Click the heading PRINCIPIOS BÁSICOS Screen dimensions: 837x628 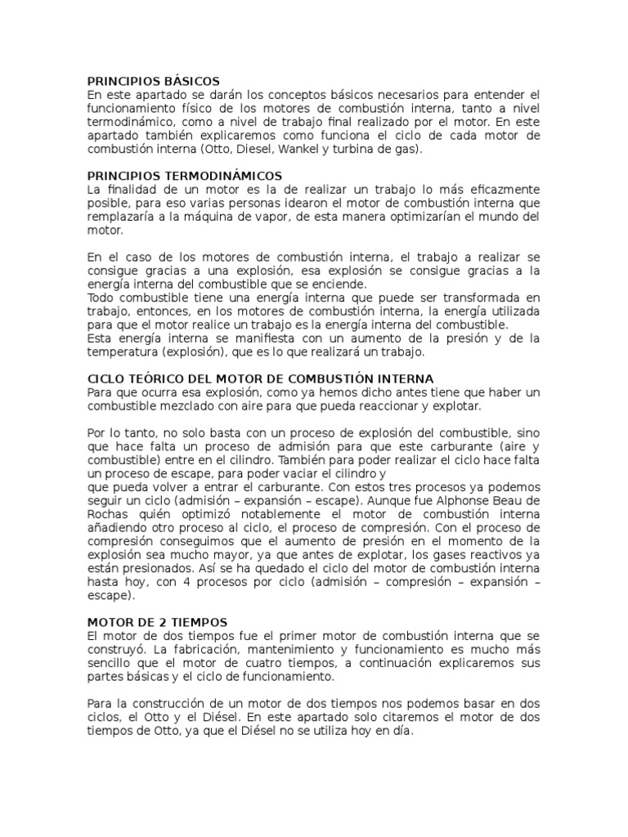click(x=154, y=81)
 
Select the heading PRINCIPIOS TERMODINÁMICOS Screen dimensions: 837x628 click(x=185, y=176)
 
